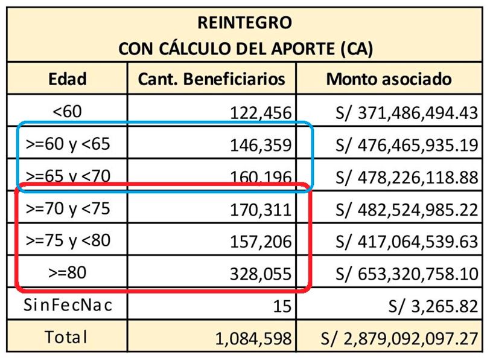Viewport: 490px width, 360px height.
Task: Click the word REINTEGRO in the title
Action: coord(244,22)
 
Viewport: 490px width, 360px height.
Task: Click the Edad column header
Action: coord(68,79)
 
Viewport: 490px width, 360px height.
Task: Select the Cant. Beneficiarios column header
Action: coord(211,79)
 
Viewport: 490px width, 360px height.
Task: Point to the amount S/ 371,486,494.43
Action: coord(402,112)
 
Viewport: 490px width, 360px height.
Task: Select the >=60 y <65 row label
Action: coord(68,144)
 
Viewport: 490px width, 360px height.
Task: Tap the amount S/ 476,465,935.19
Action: coord(402,145)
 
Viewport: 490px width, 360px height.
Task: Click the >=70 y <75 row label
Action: coord(68,208)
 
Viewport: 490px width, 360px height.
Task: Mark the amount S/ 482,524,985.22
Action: coord(402,210)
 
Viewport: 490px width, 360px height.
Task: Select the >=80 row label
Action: coord(68,272)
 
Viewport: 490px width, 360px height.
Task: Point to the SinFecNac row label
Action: coord(68,305)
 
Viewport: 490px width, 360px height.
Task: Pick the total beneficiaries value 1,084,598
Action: coord(253,339)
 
